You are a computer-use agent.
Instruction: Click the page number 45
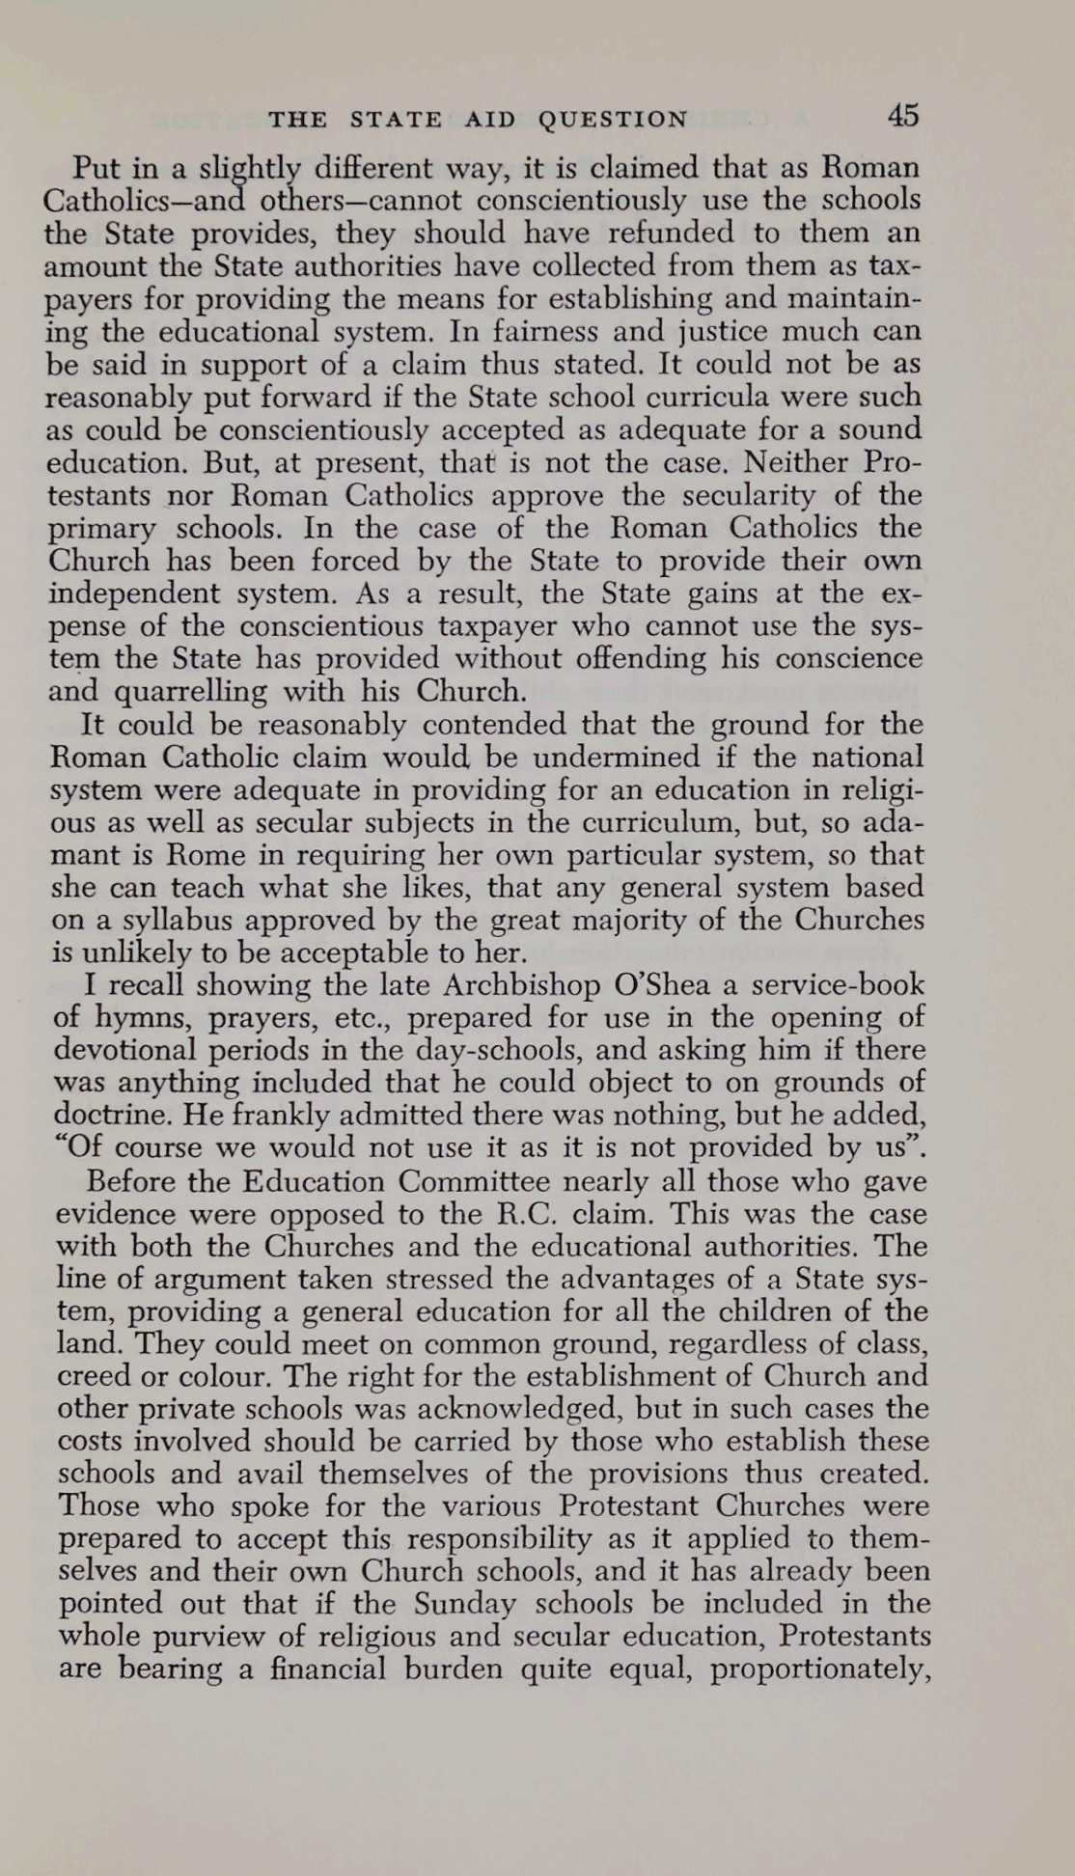click(902, 117)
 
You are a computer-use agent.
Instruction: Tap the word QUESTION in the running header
click(613, 120)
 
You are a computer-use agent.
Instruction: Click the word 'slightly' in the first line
click(249, 170)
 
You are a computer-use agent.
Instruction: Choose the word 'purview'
click(227, 1637)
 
